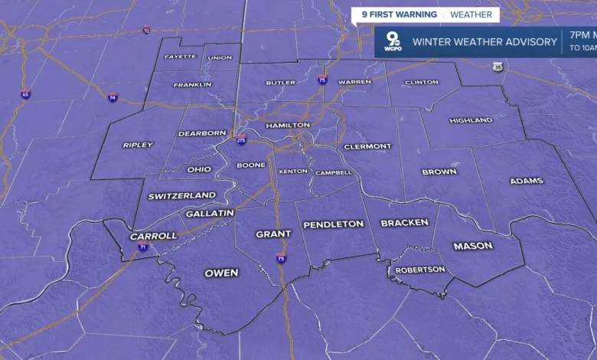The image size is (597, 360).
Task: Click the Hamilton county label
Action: tap(288, 125)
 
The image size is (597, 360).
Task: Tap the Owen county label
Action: tap(221, 273)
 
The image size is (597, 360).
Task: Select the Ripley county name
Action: tap(138, 145)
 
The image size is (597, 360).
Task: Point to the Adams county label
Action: tap(527, 181)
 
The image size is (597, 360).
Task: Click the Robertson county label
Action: tap(420, 270)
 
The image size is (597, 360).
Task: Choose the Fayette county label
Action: tap(180, 57)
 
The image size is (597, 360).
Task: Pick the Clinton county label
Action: tap(422, 82)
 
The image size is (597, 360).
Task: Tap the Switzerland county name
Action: tap(182, 196)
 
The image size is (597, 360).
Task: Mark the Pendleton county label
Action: tap(334, 224)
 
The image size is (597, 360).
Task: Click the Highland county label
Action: tap(471, 120)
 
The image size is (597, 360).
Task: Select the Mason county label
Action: tap(473, 246)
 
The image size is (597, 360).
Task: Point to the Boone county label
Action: tap(251, 165)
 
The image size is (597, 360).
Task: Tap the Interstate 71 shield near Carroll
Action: tap(143, 247)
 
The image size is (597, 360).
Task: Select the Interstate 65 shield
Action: tap(26, 94)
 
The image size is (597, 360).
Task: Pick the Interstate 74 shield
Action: tap(113, 97)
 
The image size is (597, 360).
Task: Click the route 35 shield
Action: tap(498, 67)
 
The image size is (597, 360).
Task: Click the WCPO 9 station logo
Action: tap(393, 41)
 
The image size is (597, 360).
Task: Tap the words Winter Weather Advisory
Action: tap(484, 42)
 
